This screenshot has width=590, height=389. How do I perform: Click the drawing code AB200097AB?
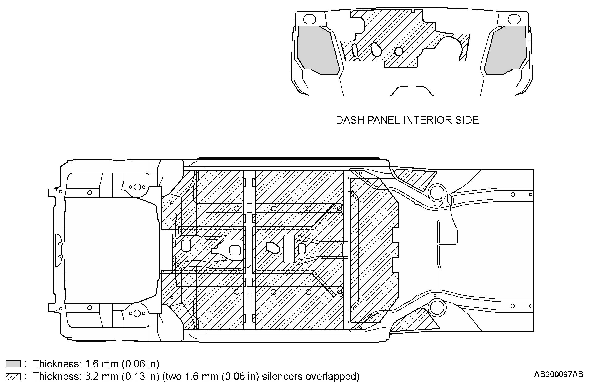click(558, 374)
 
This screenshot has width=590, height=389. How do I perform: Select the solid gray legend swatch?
click(13, 364)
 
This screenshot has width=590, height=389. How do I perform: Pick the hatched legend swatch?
click(13, 377)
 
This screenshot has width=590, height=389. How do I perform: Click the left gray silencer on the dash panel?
click(317, 50)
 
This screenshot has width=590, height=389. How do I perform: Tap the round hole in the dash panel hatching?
click(399, 51)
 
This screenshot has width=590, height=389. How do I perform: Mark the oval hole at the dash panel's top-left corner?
click(309, 19)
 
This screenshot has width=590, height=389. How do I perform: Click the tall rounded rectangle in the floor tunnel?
click(289, 249)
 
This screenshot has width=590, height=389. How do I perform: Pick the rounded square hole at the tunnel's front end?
click(186, 246)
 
